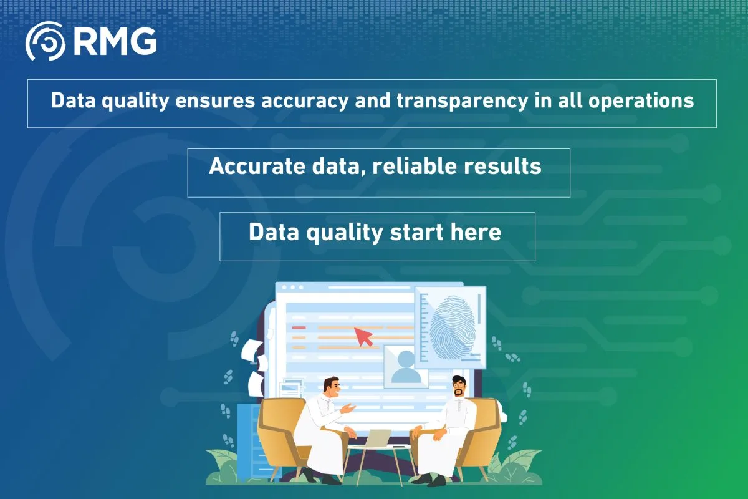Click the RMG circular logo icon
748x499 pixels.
point(46,41)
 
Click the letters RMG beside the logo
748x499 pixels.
point(115,41)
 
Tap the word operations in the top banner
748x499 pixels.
point(641,101)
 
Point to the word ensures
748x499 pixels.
point(215,101)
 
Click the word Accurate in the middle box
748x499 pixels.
point(257,166)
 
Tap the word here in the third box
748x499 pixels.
point(476,231)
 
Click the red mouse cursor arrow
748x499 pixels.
point(363,337)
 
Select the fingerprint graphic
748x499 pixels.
point(453,327)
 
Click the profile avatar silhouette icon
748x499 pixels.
point(406,367)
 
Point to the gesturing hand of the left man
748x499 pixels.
point(348,408)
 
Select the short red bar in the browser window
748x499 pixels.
point(299,327)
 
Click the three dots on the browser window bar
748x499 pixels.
point(292,288)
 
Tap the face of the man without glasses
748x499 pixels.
point(334,389)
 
